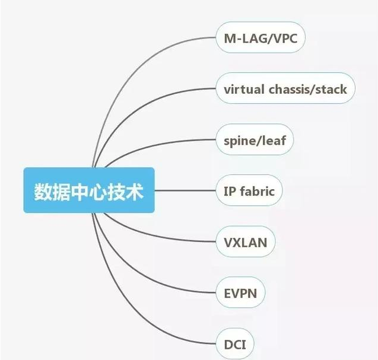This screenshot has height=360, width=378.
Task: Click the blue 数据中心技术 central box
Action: coord(89,190)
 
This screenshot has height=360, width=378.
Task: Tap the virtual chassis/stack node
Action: coord(285,90)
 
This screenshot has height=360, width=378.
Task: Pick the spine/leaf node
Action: coord(255,141)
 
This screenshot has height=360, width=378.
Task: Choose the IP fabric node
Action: coord(249,192)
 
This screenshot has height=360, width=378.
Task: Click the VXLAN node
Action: coord(245,243)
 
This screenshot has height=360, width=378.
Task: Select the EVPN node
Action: coord(240,293)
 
